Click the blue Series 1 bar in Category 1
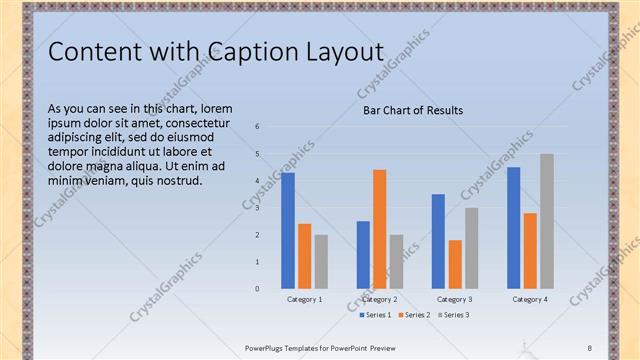(x=288, y=231)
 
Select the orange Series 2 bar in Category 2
(x=380, y=229)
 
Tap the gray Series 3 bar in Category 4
(x=546, y=221)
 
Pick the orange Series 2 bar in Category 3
(x=455, y=264)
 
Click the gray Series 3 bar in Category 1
(x=321, y=262)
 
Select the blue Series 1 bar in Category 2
(x=363, y=255)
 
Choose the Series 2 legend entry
(x=413, y=315)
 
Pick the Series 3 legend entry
(x=452, y=315)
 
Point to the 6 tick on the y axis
(x=257, y=127)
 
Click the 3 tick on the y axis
(x=257, y=208)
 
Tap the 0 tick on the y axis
(x=257, y=289)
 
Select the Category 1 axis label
(x=304, y=299)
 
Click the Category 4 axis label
(x=529, y=299)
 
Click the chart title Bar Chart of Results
(x=412, y=110)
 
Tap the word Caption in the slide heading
(x=253, y=53)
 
